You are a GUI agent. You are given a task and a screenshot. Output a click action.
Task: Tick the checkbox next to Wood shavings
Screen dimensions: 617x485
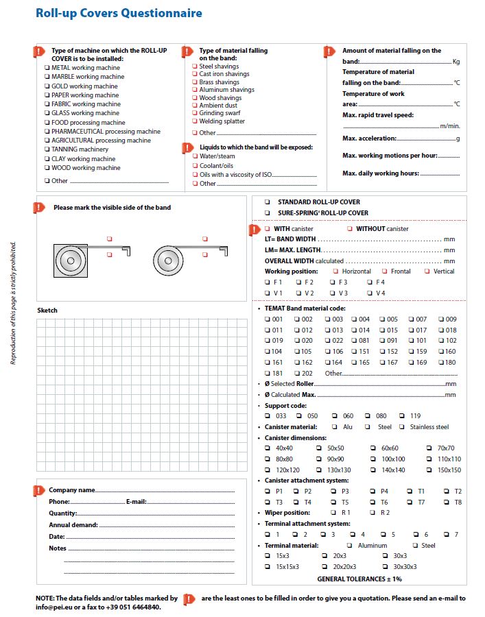pyautogui.click(x=195, y=98)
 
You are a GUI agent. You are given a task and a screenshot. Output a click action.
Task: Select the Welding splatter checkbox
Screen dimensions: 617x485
pyautogui.click(x=195, y=121)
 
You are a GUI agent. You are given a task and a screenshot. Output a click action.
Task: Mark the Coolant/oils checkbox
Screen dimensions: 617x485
pyautogui.click(x=195, y=165)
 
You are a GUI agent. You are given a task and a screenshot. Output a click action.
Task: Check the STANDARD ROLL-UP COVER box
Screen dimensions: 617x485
pyautogui.click(x=268, y=202)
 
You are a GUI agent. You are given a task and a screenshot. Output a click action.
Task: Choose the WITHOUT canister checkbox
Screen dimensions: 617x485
pyautogui.click(x=350, y=228)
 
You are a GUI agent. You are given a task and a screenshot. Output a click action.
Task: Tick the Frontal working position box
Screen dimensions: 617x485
pyautogui.click(x=385, y=271)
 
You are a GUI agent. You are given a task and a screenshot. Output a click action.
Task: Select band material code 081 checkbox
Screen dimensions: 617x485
pyautogui.click(x=354, y=341)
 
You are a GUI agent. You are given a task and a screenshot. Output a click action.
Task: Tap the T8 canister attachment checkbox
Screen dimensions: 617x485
pyautogui.click(x=446, y=503)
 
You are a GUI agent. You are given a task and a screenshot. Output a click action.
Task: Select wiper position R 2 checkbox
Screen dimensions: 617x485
pyautogui.click(x=373, y=513)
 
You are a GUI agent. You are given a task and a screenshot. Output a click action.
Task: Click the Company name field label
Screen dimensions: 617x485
pyautogui.click(x=71, y=490)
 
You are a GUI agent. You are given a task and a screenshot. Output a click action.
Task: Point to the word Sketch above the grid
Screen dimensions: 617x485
pyautogui.click(x=47, y=311)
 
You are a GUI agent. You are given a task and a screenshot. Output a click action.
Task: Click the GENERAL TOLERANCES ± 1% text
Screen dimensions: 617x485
pyautogui.click(x=359, y=579)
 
